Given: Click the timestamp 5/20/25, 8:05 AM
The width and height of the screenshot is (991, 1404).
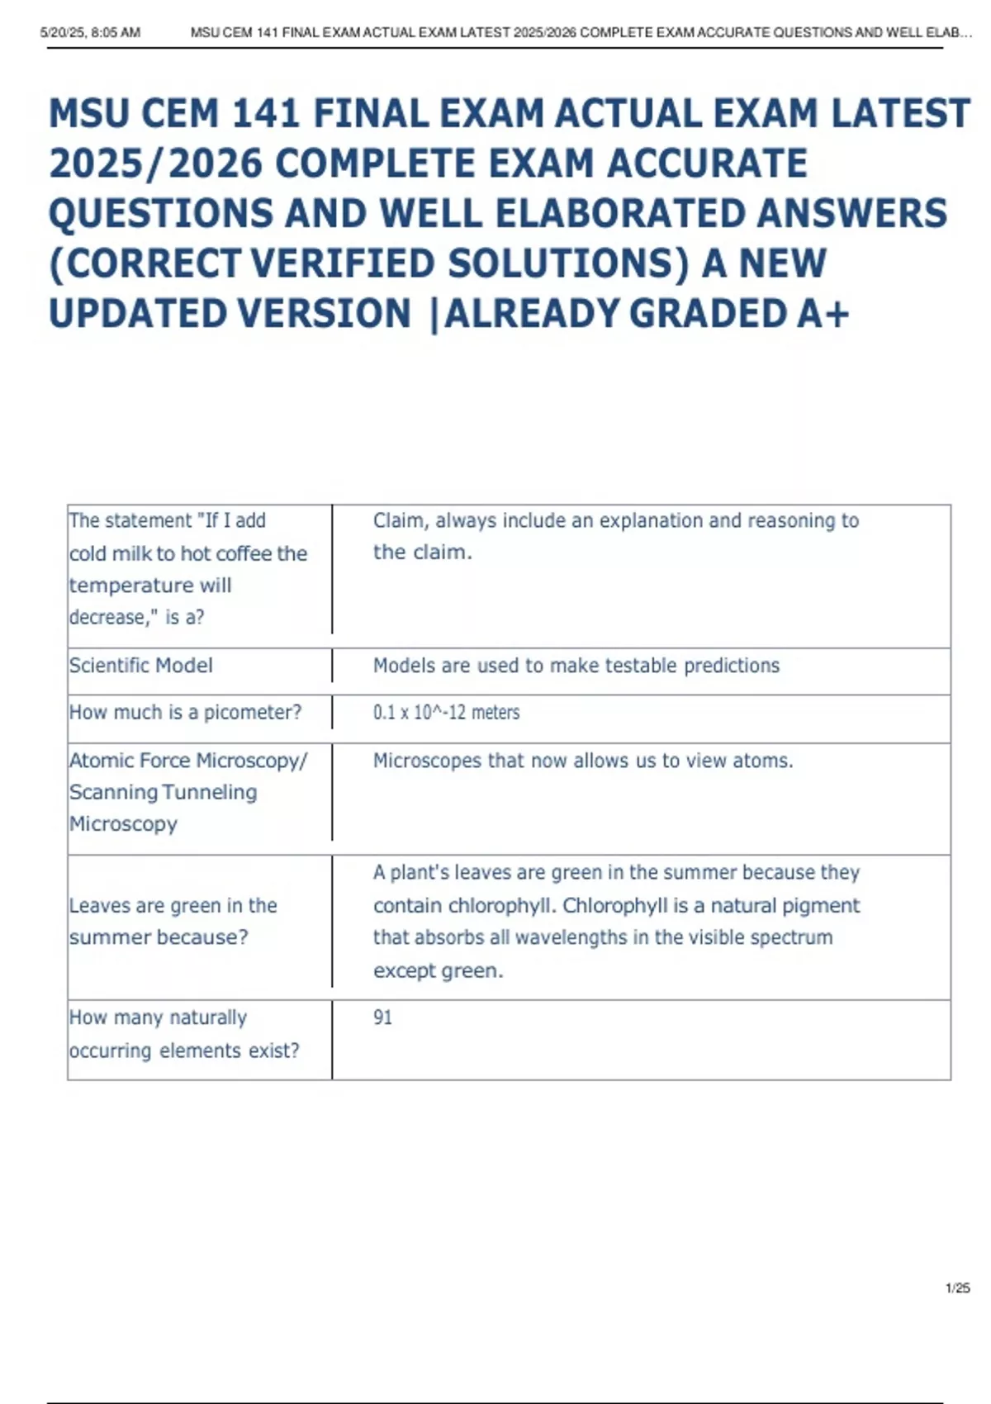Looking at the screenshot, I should pyautogui.click(x=90, y=33).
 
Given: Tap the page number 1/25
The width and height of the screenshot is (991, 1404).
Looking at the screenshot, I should pyautogui.click(x=957, y=1288).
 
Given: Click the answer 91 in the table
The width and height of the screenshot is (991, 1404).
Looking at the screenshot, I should pyautogui.click(x=382, y=1017).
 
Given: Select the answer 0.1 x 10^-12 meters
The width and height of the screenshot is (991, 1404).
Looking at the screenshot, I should pyautogui.click(x=446, y=712).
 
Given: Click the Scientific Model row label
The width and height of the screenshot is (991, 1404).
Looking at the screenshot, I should pyautogui.click(x=140, y=666).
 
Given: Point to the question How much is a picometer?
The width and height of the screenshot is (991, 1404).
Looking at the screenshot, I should pyautogui.click(x=185, y=712).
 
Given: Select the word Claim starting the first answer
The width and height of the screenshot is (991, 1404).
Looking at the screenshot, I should pyautogui.click(x=401, y=521).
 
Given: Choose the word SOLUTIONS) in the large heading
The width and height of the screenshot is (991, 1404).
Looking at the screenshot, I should pyautogui.click(x=568, y=264).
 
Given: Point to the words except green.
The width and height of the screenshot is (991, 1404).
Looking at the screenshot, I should pyautogui.click(x=438, y=970).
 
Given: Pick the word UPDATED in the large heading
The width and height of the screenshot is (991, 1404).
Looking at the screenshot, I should pyautogui.click(x=136, y=314).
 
